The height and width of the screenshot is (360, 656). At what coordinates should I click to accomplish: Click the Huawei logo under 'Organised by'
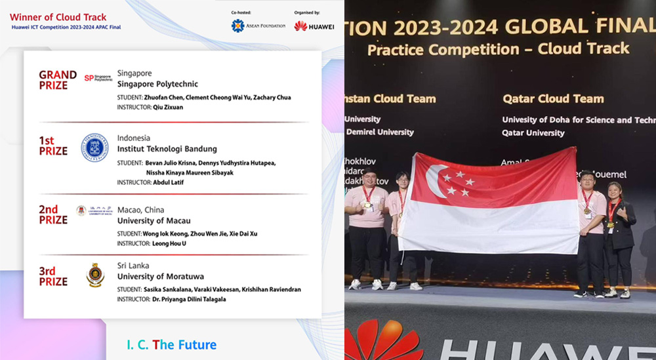[x=314, y=26]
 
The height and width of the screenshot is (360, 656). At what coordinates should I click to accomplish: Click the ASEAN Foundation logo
[x=258, y=26]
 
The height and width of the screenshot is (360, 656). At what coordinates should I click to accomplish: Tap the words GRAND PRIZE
[x=58, y=80]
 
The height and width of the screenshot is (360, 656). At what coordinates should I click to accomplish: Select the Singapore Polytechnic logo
[x=98, y=78]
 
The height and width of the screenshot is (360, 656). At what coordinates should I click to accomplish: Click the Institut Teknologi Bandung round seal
[x=94, y=148]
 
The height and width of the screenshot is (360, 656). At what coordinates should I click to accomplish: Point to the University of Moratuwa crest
[x=95, y=275]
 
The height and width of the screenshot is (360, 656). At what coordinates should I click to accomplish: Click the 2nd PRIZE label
[x=53, y=214]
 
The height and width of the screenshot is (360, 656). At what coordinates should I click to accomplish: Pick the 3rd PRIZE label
[x=53, y=276]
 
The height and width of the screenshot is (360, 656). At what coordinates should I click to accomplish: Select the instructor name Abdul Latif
[x=169, y=182]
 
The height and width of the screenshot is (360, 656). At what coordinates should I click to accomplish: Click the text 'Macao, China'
[x=141, y=210]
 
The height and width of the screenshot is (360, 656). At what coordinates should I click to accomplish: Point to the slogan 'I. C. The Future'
[x=171, y=345]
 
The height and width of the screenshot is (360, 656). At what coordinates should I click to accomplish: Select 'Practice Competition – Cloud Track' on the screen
[x=498, y=49]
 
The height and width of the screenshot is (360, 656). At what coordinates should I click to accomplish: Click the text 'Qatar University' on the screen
[x=533, y=132]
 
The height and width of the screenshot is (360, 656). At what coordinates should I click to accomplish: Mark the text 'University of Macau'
[x=154, y=221]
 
